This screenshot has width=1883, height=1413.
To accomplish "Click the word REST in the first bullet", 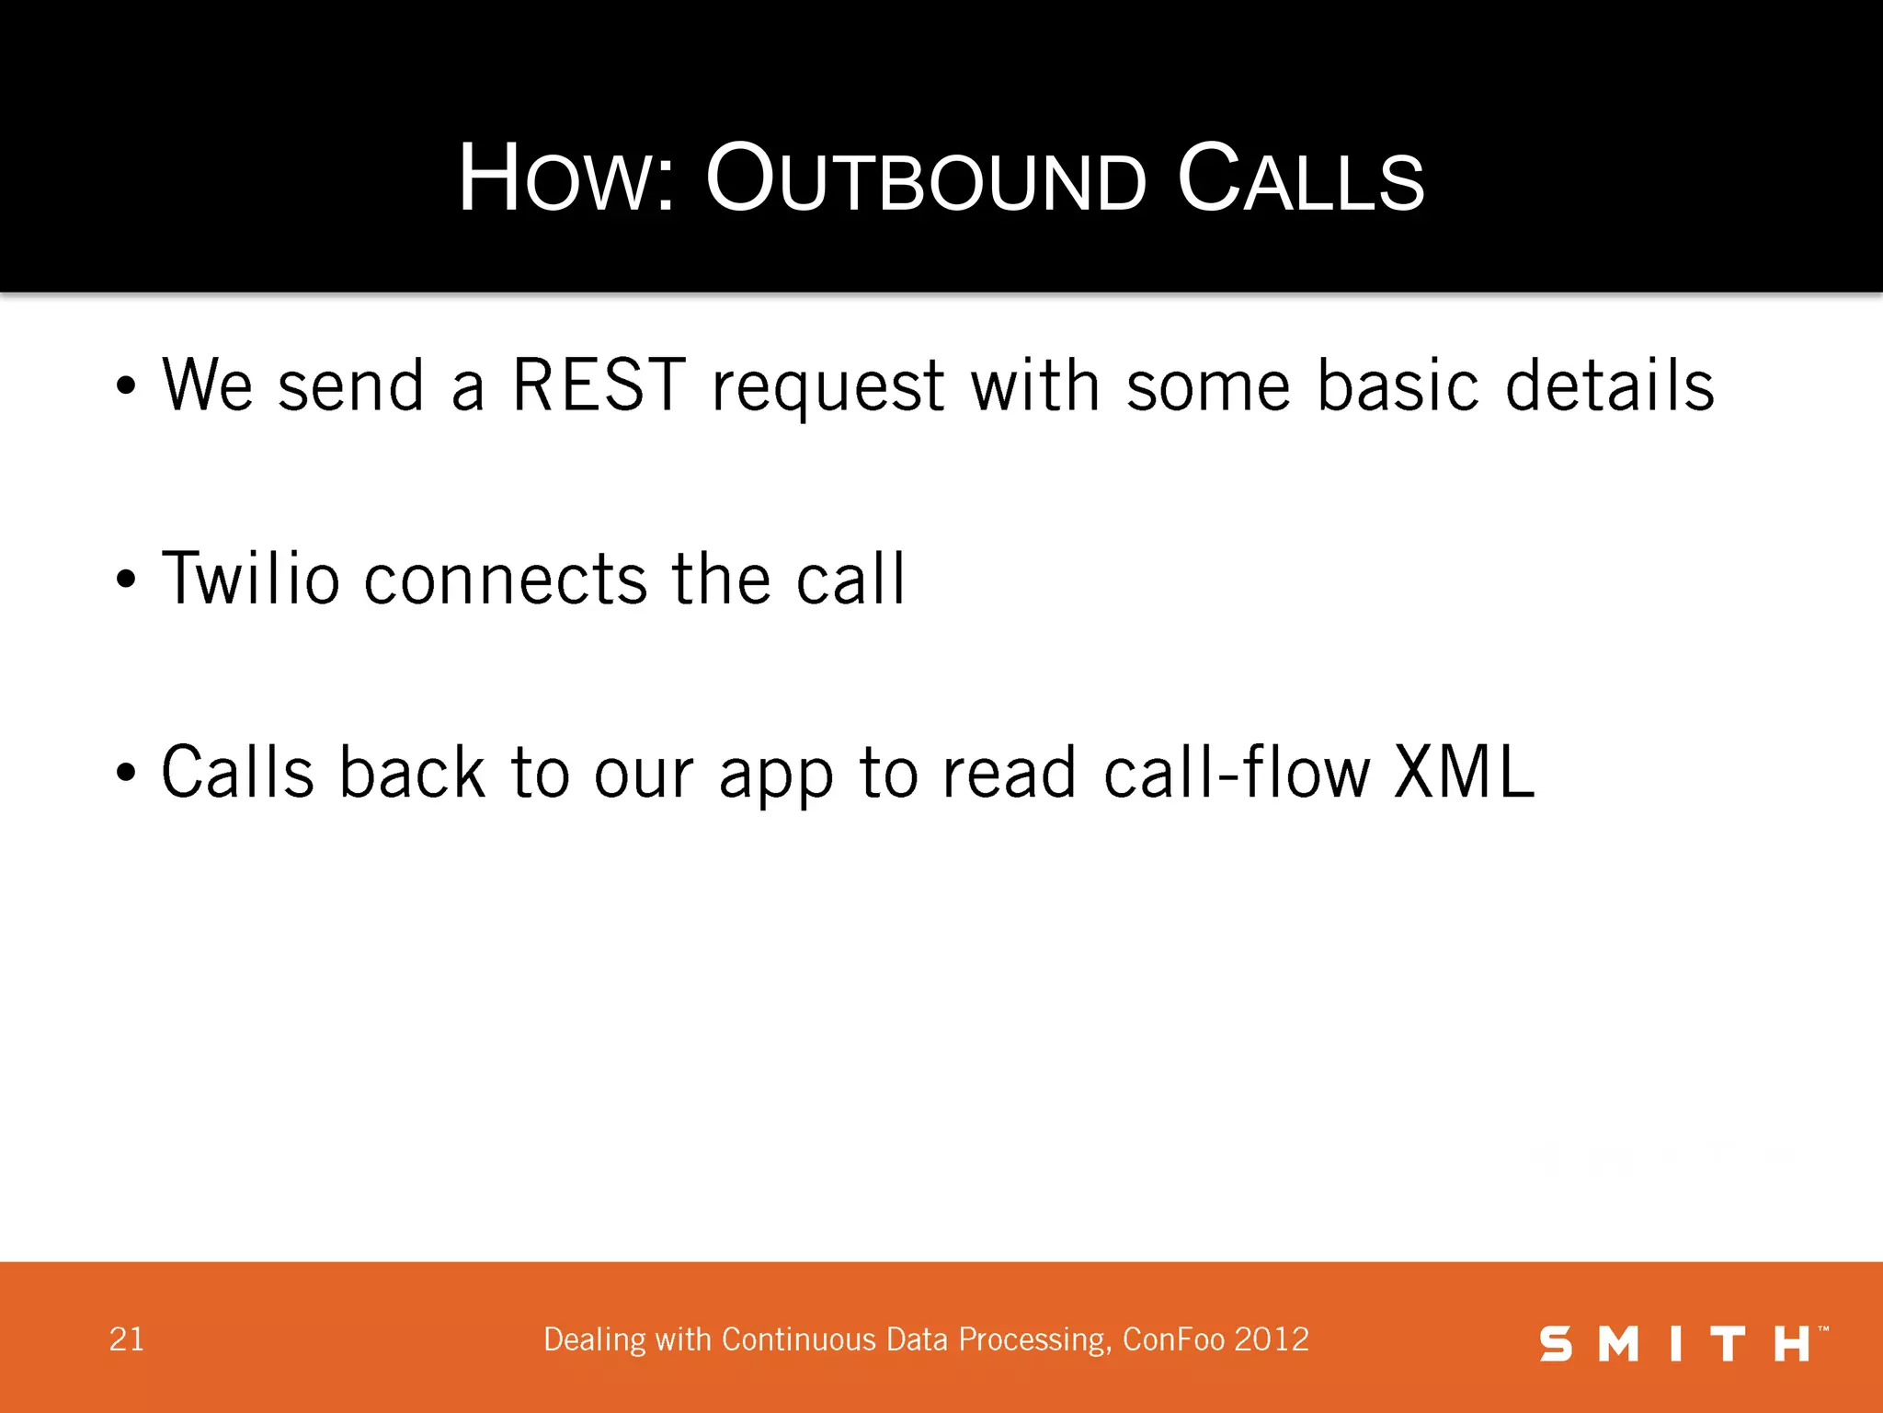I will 599,385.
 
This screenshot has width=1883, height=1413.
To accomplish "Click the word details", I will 1609,385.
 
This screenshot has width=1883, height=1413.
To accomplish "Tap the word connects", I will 506,580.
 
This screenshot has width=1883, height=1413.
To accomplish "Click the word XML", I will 1464,772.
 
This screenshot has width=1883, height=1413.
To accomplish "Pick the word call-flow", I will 1237,772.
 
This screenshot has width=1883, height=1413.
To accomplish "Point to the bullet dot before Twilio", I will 126,580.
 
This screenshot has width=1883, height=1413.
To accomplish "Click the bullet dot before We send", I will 126,387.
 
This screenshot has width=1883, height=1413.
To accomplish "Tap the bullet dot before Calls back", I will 126,774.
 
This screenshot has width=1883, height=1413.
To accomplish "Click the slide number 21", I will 127,1339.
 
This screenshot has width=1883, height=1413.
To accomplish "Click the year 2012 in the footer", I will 1272,1339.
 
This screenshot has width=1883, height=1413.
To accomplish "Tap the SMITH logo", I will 1683,1343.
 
